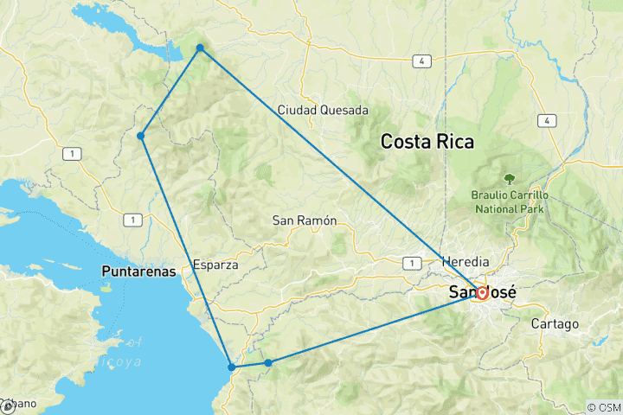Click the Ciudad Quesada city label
tap(323, 110)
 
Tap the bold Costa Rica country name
tap(428, 142)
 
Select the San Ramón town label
tap(304, 220)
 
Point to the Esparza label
tap(215, 265)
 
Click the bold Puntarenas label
tap(138, 271)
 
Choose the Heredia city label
tap(466, 261)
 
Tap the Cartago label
tap(556, 323)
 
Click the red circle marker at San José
tap(482, 292)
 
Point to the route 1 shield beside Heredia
tap(414, 262)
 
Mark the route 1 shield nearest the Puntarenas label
tap(131, 220)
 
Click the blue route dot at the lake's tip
tap(200, 48)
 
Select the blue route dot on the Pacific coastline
tap(231, 367)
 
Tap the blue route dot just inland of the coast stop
tap(268, 362)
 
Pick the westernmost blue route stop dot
tap(140, 136)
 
